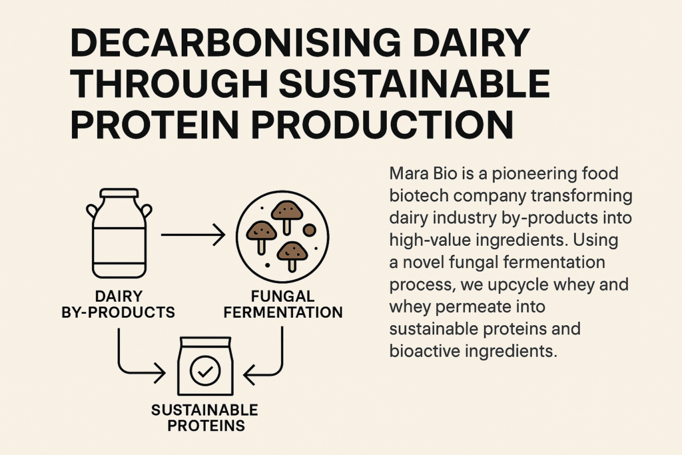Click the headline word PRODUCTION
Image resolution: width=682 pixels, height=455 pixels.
click(x=382, y=124)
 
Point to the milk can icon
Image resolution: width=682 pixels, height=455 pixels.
click(x=119, y=233)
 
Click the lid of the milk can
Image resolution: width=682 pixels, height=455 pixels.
click(x=119, y=193)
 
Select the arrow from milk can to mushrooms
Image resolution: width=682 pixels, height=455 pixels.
click(x=193, y=235)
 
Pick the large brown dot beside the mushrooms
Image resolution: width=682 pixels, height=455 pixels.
click(x=309, y=230)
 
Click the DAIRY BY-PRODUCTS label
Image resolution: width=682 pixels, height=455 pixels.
click(x=119, y=304)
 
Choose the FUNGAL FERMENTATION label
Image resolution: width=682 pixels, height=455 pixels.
click(x=282, y=304)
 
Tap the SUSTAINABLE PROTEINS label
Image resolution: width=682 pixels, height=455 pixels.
click(x=204, y=418)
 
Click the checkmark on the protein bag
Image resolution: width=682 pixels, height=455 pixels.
click(x=205, y=371)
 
